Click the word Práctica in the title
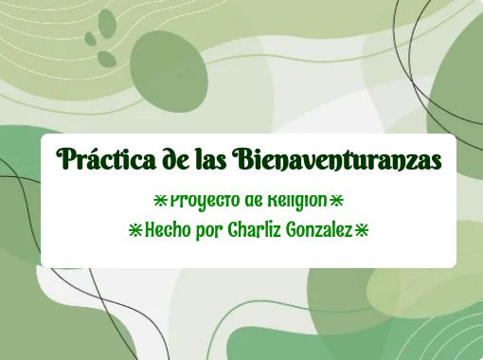[100, 160]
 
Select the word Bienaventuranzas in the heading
[336, 160]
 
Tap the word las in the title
[203, 160]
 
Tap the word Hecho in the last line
[167, 229]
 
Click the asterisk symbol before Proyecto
[160, 201]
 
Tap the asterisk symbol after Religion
[336, 201]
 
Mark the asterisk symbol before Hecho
[134, 229]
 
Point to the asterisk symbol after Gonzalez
[361, 229]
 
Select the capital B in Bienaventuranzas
[241, 159]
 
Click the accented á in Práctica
[92, 159]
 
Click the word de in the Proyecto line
[252, 201]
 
